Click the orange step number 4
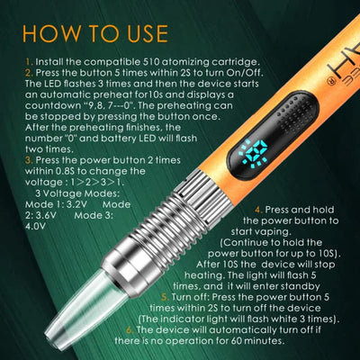(256, 210)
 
